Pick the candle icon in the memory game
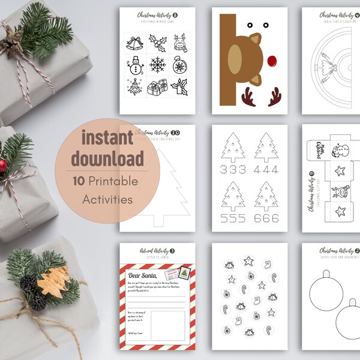pyautogui.click(x=179, y=88)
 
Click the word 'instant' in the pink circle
pyautogui.click(x=107, y=136)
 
